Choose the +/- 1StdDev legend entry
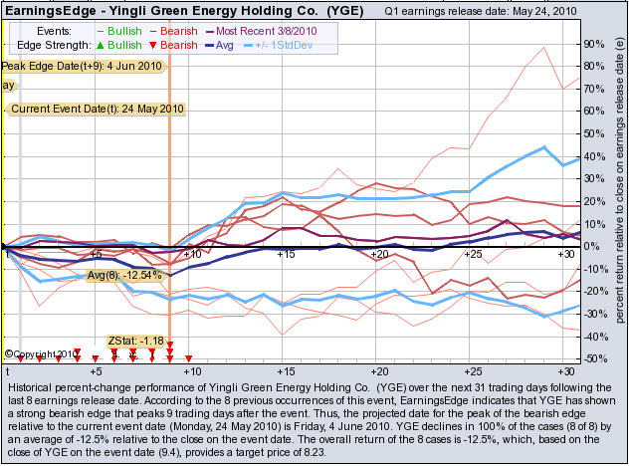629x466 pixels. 293,47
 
